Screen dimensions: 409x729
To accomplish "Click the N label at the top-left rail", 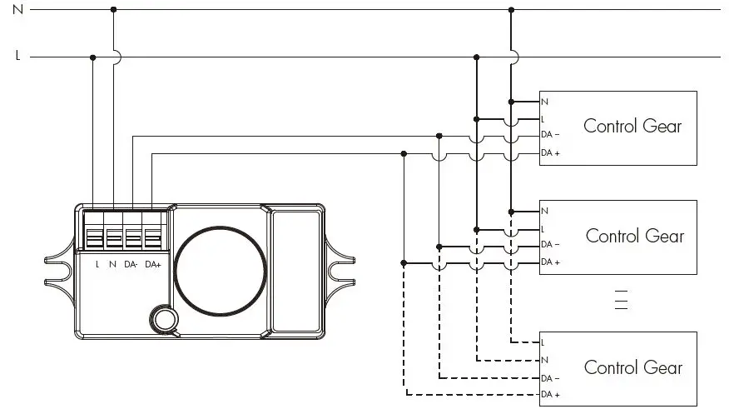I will click(17, 8).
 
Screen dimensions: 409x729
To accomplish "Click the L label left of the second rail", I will click(17, 57).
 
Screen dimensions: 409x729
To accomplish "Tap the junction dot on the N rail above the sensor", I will click(113, 9).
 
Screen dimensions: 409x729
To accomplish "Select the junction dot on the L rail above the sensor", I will click(93, 57).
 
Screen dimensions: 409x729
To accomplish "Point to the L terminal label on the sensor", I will click(97, 264).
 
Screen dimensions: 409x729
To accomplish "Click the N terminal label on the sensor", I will click(112, 264).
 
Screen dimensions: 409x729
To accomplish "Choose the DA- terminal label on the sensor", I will click(131, 264).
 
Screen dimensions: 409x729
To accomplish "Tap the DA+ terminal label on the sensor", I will click(151, 264).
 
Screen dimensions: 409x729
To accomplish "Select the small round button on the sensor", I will click(164, 319).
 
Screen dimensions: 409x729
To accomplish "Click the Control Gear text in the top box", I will click(632, 127).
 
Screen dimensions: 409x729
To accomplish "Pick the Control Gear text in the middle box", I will click(634, 236).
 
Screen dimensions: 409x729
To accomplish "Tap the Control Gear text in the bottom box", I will click(632, 367).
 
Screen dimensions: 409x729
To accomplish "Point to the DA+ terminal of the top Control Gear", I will click(550, 153).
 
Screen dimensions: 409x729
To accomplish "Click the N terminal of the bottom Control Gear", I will click(544, 360).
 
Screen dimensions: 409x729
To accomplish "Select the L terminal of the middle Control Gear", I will click(543, 228).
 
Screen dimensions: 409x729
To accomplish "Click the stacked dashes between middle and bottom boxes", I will click(621, 301).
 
